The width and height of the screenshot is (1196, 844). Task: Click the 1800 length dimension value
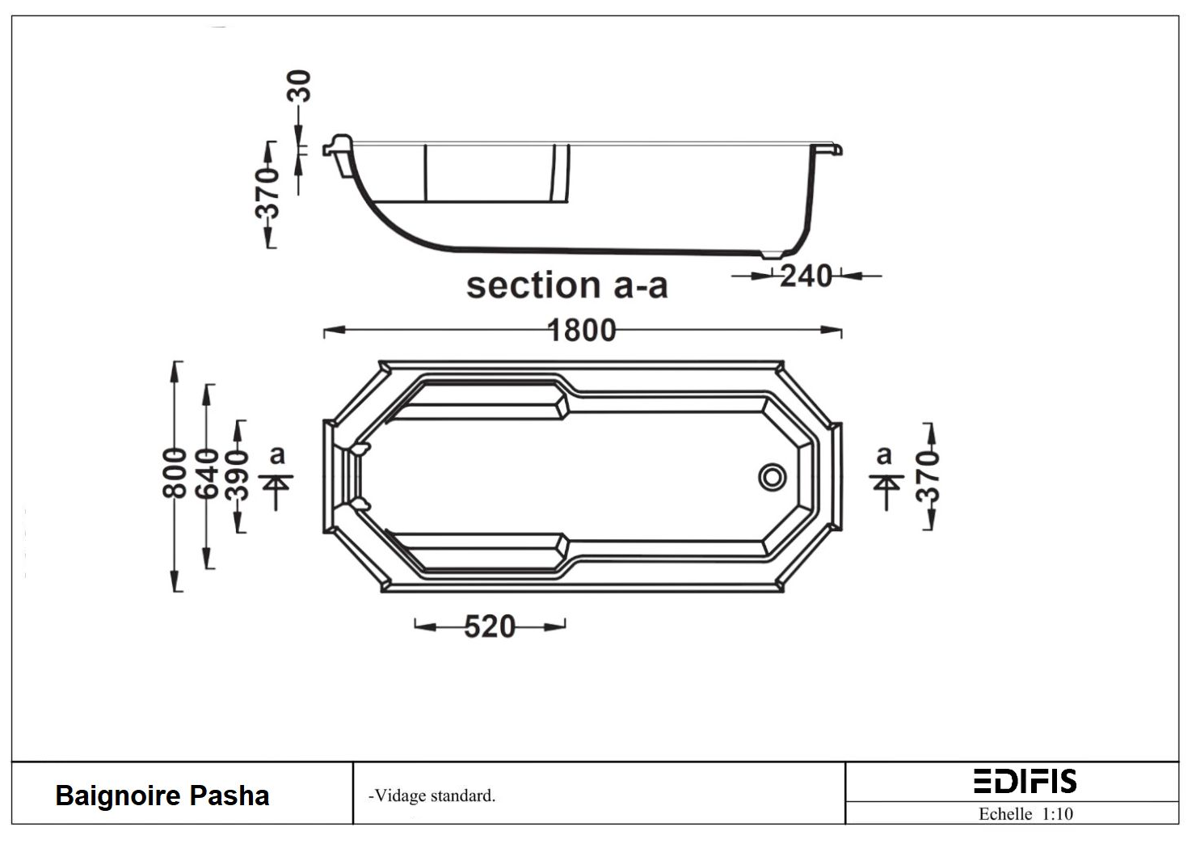582,330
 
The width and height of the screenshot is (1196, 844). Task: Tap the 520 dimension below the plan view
490,626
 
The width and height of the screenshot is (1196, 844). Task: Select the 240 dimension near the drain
806,276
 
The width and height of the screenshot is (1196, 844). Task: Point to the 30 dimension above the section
299,86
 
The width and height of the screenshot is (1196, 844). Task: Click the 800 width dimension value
175,474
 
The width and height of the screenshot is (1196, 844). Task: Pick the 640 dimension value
207,474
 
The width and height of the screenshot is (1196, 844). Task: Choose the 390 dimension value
237,475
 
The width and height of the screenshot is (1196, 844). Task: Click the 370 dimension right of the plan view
928,476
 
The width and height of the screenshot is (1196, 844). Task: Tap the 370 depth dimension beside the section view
267,193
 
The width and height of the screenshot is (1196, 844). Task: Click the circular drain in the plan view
772,477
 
